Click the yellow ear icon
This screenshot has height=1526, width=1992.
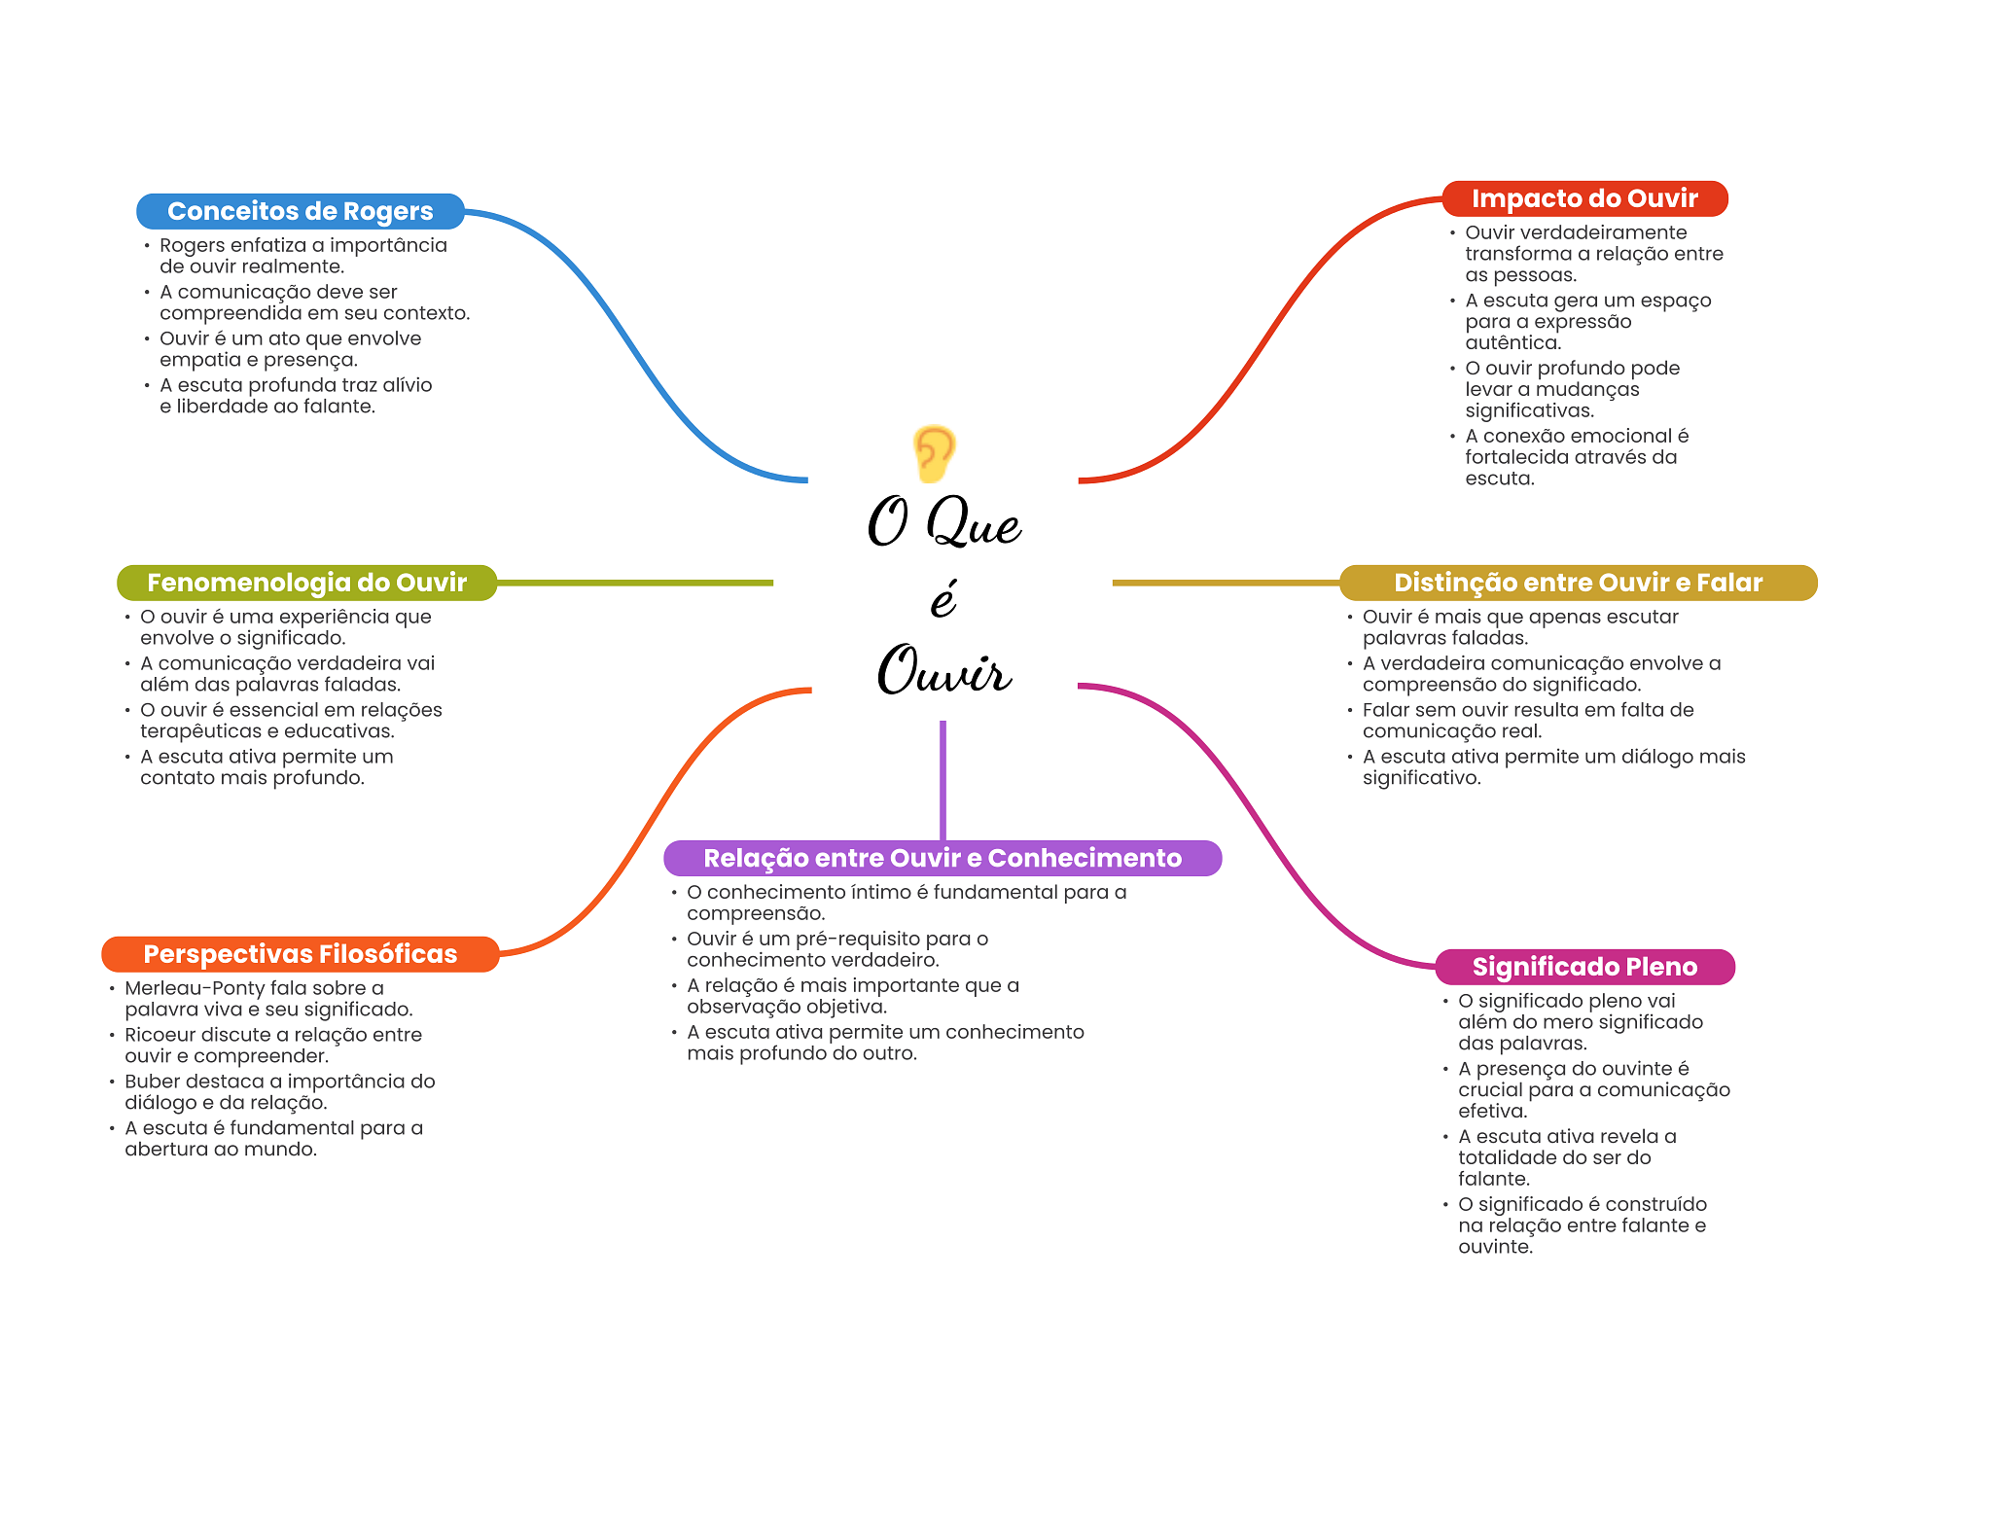934,453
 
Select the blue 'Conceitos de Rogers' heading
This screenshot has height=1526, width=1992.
300,211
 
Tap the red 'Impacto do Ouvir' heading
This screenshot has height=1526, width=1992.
1584,198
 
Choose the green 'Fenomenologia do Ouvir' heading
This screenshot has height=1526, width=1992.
306,583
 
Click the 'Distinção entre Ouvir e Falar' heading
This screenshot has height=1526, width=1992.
1578,583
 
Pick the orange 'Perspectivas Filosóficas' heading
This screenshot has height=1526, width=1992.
300,954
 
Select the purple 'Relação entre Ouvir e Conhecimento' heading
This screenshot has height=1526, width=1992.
942,858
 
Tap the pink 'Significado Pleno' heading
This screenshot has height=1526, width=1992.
1584,967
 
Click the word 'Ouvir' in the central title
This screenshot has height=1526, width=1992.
943,671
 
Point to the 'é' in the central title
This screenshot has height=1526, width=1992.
943,598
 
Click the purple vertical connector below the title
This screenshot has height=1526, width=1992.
943,778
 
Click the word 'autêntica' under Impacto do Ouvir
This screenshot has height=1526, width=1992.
1512,342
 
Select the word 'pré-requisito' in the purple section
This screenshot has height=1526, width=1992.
857,939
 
